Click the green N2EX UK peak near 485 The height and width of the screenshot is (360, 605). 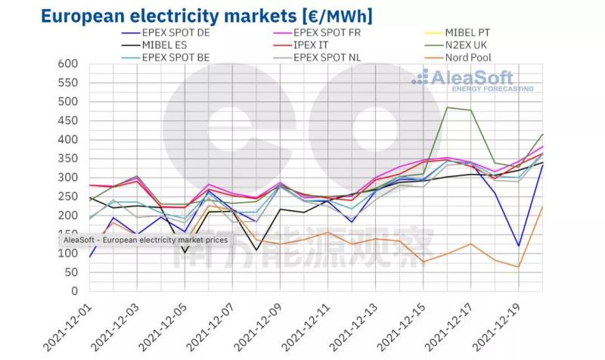pyautogui.click(x=447, y=107)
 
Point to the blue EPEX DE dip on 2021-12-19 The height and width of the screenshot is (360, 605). pyautogui.click(x=518, y=246)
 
